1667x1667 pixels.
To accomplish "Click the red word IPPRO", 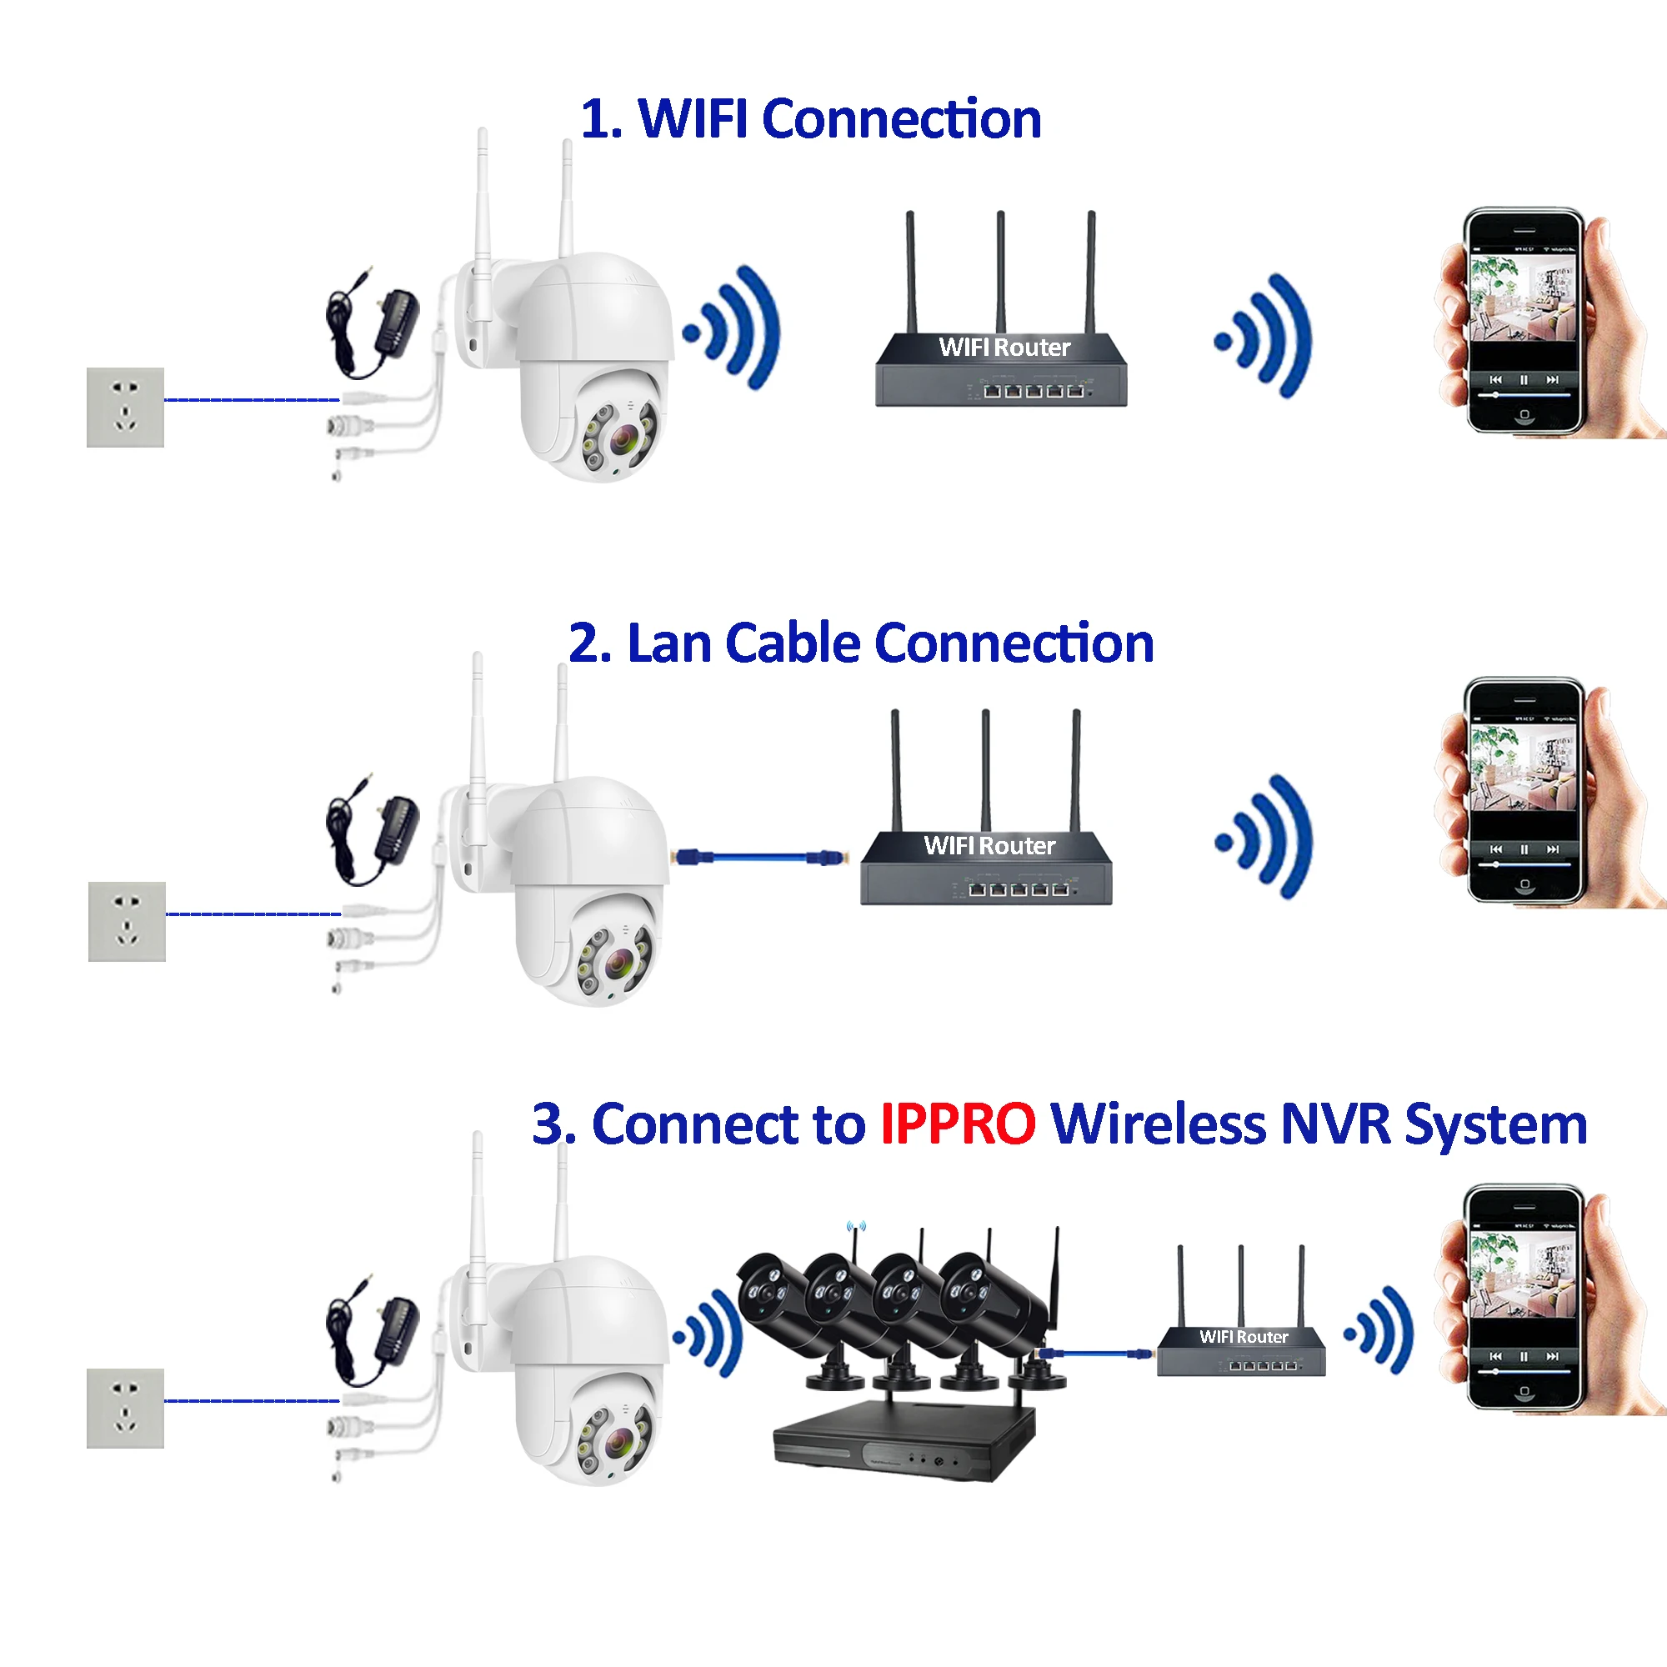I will pos(957,1124).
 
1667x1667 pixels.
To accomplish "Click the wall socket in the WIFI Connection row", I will pos(125,408).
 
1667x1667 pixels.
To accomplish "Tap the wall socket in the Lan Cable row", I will pos(127,922).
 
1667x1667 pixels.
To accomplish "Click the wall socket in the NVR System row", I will pos(125,1408).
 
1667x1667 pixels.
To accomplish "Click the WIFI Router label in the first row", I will pos(1004,348).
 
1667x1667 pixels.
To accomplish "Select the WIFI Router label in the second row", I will pos(989,845).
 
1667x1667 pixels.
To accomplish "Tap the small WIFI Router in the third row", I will pos(1242,1348).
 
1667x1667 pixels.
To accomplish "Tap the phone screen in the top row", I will pos(1523,319).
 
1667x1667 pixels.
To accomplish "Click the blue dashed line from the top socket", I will pos(251,399).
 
